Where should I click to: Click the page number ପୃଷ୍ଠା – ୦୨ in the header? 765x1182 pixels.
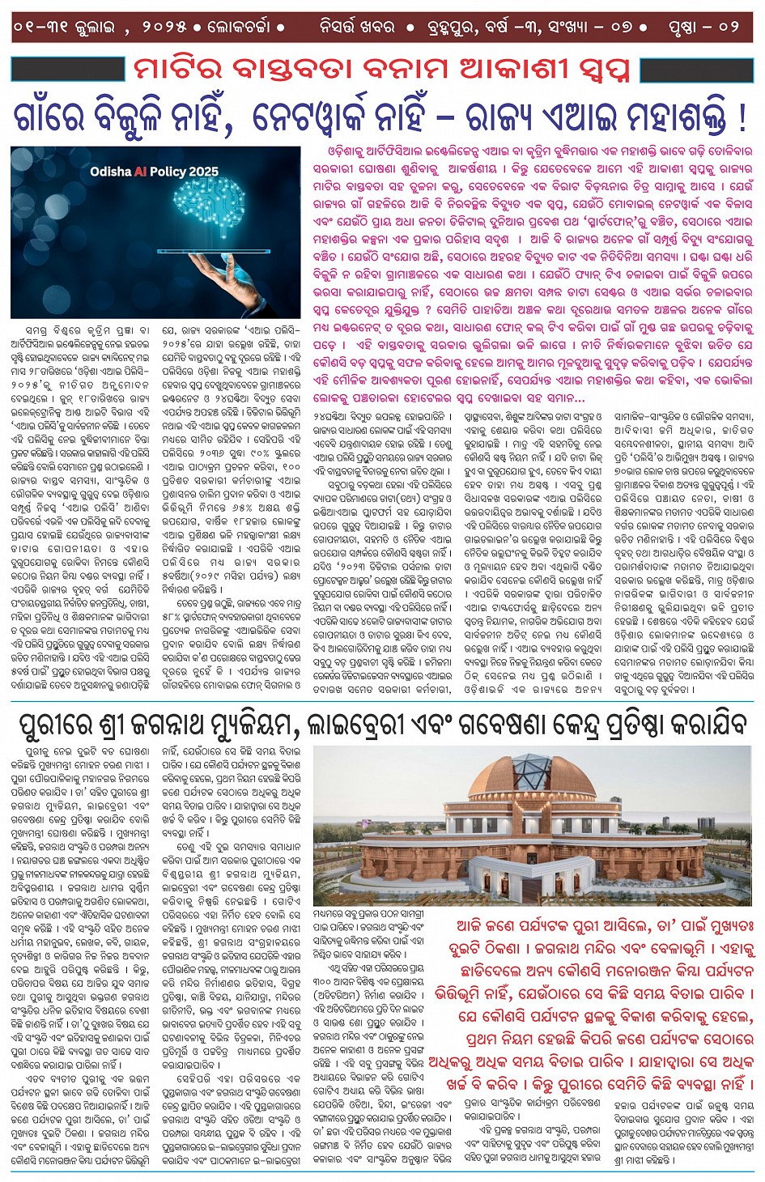703,26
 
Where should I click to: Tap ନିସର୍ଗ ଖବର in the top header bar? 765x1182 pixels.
357,26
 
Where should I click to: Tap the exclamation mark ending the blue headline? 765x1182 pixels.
742,118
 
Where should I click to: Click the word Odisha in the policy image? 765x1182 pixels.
110,172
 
